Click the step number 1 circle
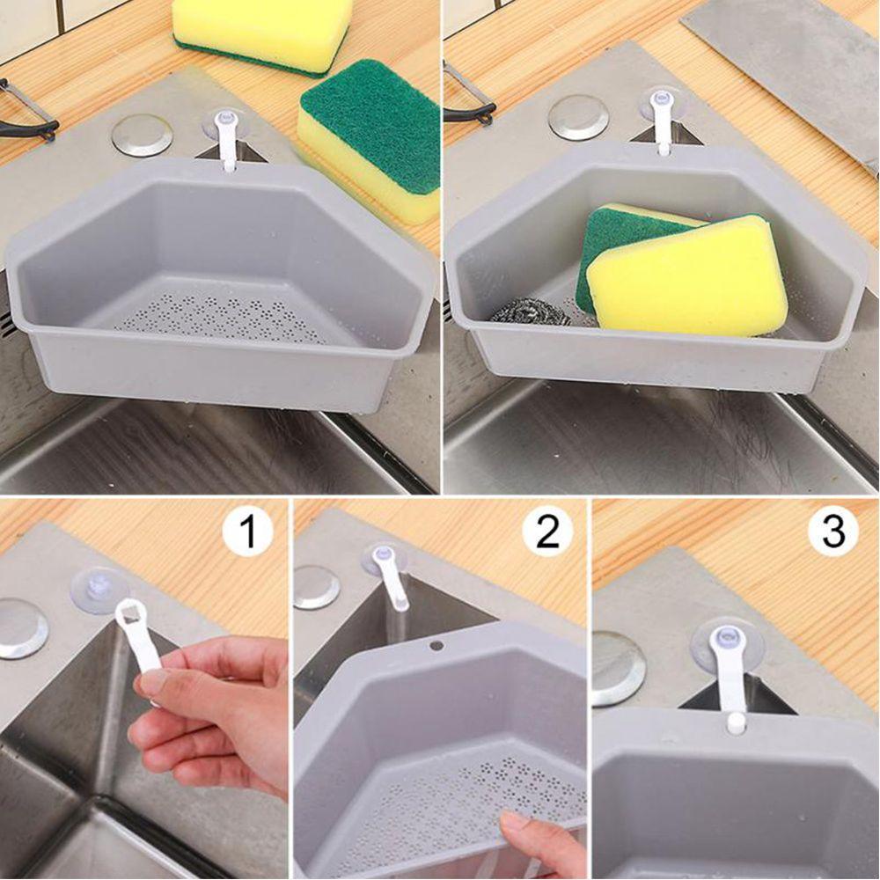coord(247,532)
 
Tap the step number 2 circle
coord(547,532)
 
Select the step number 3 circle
coord(832,532)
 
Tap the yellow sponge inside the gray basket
coord(686,277)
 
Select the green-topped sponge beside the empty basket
coord(370,136)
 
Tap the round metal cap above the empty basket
coord(142,135)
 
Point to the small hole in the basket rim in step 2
coord(436,645)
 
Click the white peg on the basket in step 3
coord(736,722)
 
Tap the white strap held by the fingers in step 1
coord(143,642)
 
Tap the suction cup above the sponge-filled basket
coord(662,104)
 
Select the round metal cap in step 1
coord(22,627)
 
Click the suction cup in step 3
coord(727,642)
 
